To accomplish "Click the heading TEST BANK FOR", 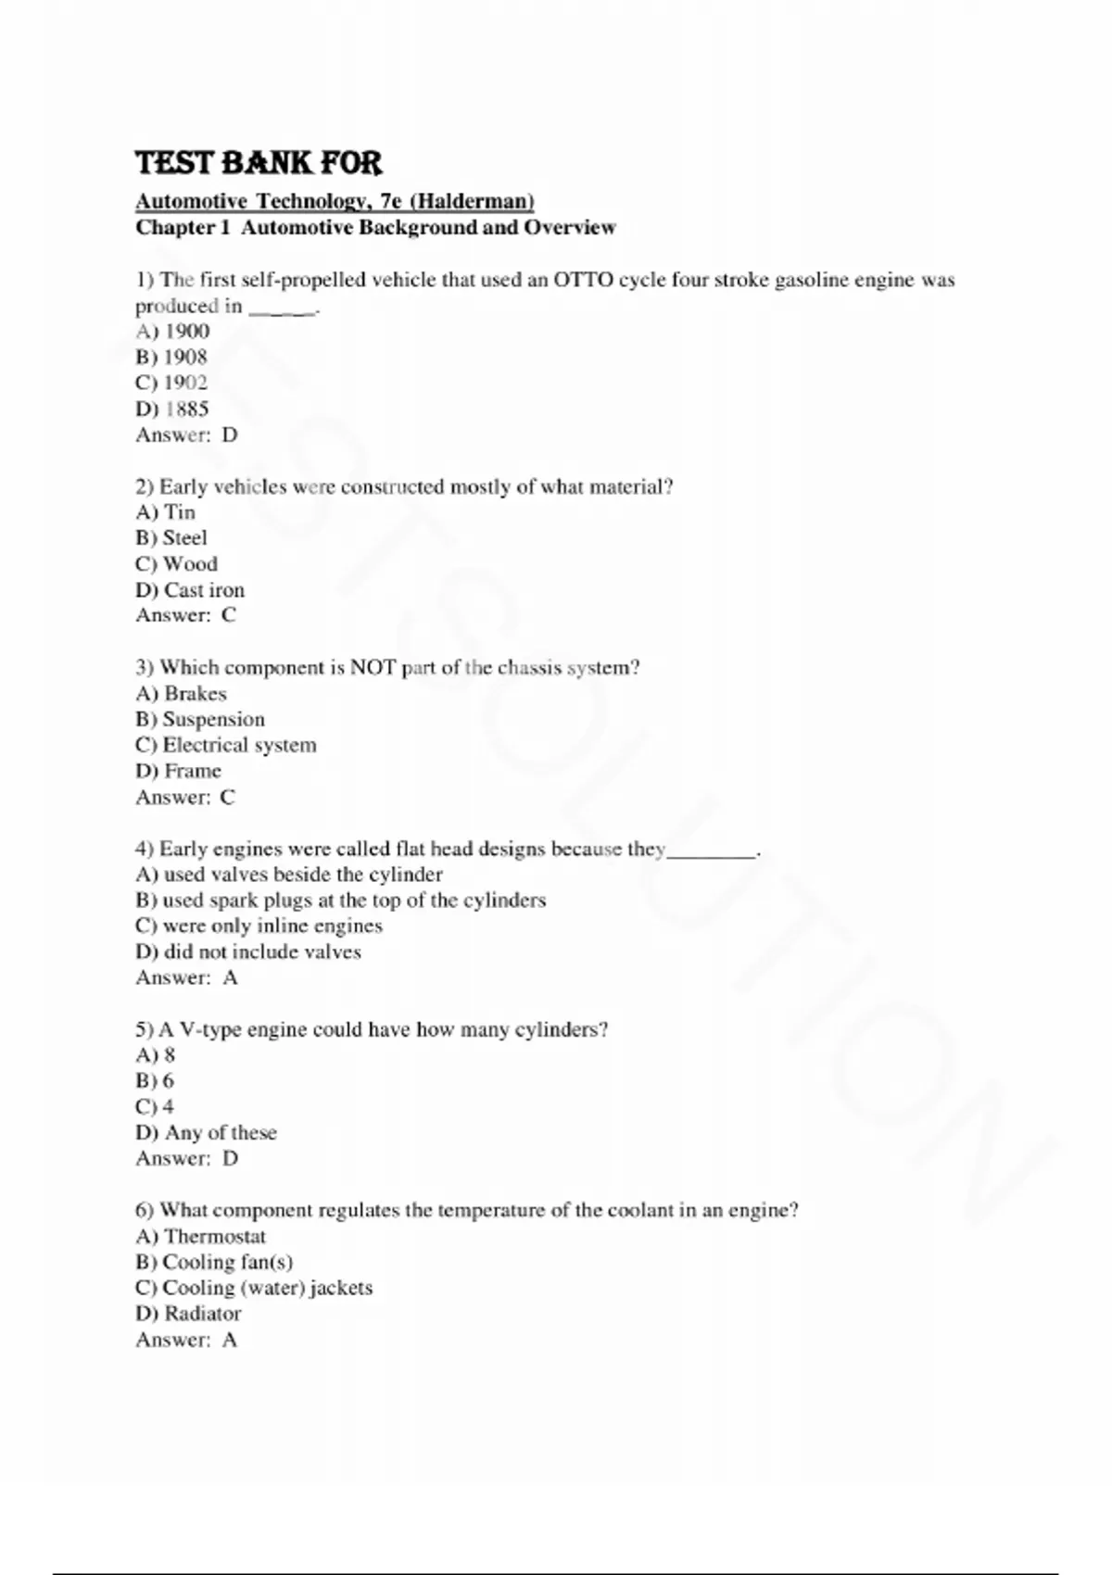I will [259, 163].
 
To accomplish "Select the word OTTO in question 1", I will [583, 280].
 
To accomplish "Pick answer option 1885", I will [186, 409].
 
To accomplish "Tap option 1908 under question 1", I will [185, 357].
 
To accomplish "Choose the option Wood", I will [190, 563].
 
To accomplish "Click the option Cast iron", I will [204, 589].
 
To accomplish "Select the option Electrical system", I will [239, 745].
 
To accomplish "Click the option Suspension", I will [213, 719].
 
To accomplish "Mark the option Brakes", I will [195, 693].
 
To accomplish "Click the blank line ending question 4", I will [712, 850].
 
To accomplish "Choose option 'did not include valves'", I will [262, 951].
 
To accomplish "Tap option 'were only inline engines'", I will [272, 926].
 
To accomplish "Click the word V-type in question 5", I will [208, 1029].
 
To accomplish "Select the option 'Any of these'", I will [221, 1132].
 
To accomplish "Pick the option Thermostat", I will [214, 1236].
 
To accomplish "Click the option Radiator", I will [202, 1313].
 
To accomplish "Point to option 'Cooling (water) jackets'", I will [267, 1288].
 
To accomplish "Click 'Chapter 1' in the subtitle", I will [182, 227].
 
